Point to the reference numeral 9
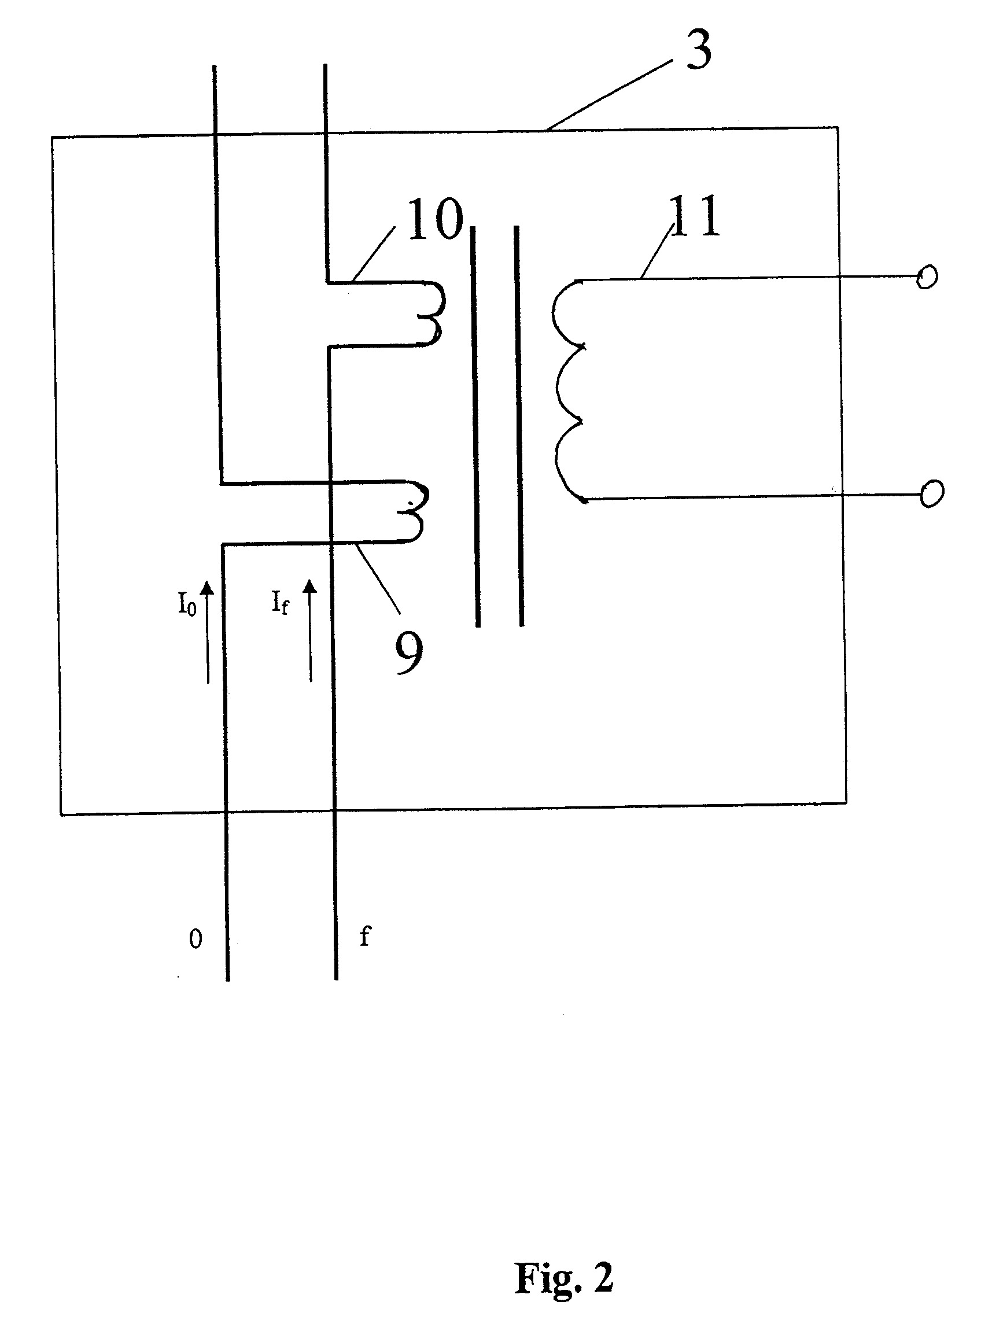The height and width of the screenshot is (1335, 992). pyautogui.click(x=408, y=654)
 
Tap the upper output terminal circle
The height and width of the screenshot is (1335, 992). pyautogui.click(x=927, y=277)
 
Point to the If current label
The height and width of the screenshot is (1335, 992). pyautogui.click(x=280, y=602)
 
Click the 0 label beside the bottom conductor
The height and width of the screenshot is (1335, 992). pyautogui.click(x=195, y=939)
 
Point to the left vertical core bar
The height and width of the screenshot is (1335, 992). pyautogui.click(x=475, y=426)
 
